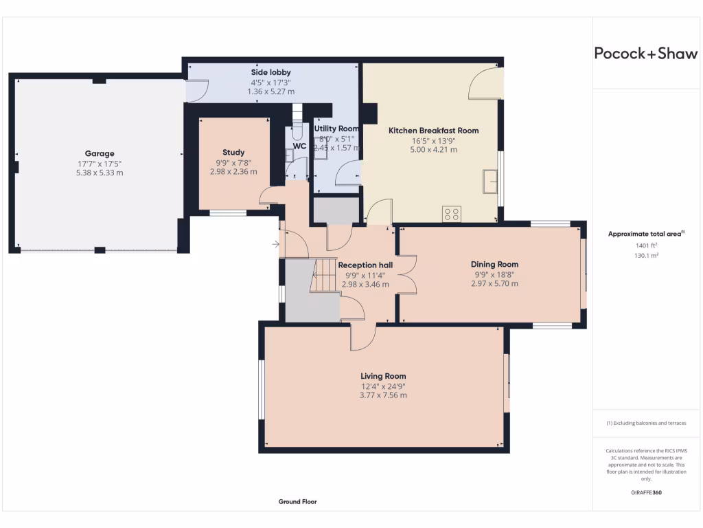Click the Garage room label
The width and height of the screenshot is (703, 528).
(x=100, y=153)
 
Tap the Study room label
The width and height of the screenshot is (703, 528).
(x=233, y=153)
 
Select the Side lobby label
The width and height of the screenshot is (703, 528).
(x=270, y=72)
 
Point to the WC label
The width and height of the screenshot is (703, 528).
(x=299, y=146)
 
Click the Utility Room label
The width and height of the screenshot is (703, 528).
(x=336, y=129)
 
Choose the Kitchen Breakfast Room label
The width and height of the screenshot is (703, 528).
(x=433, y=130)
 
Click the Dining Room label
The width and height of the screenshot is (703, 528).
(x=494, y=264)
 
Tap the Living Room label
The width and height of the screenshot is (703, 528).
(x=383, y=376)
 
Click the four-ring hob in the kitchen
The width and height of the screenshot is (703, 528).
(x=452, y=214)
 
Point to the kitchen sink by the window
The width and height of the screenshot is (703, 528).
(x=490, y=181)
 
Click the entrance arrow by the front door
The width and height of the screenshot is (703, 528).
(x=276, y=244)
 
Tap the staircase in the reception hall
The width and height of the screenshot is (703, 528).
(x=325, y=275)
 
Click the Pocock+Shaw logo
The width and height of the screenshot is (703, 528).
(x=645, y=54)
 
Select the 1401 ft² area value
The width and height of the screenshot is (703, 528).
(x=646, y=245)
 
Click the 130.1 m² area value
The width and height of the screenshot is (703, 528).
(x=646, y=255)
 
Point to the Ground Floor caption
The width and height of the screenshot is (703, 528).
(x=297, y=502)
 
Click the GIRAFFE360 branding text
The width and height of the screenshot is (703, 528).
(x=646, y=492)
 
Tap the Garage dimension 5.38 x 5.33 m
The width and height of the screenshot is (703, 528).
(x=100, y=173)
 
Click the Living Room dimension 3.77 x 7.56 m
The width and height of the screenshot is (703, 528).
(x=383, y=395)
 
